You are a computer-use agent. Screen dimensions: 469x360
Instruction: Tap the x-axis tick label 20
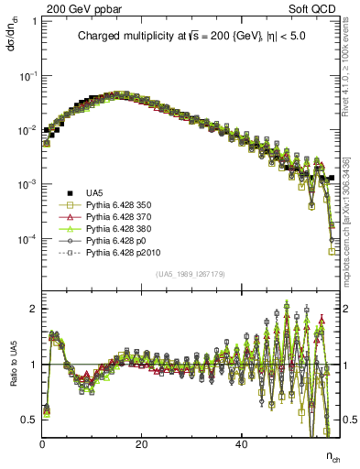coord(141,444)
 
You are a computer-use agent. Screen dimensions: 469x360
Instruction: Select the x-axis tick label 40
coord(240,444)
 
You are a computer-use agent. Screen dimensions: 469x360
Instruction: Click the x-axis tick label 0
coord(43,444)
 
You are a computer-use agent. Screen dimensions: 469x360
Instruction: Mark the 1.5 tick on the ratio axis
coord(32,336)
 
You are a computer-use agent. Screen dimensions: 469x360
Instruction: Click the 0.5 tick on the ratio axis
coord(32,420)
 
